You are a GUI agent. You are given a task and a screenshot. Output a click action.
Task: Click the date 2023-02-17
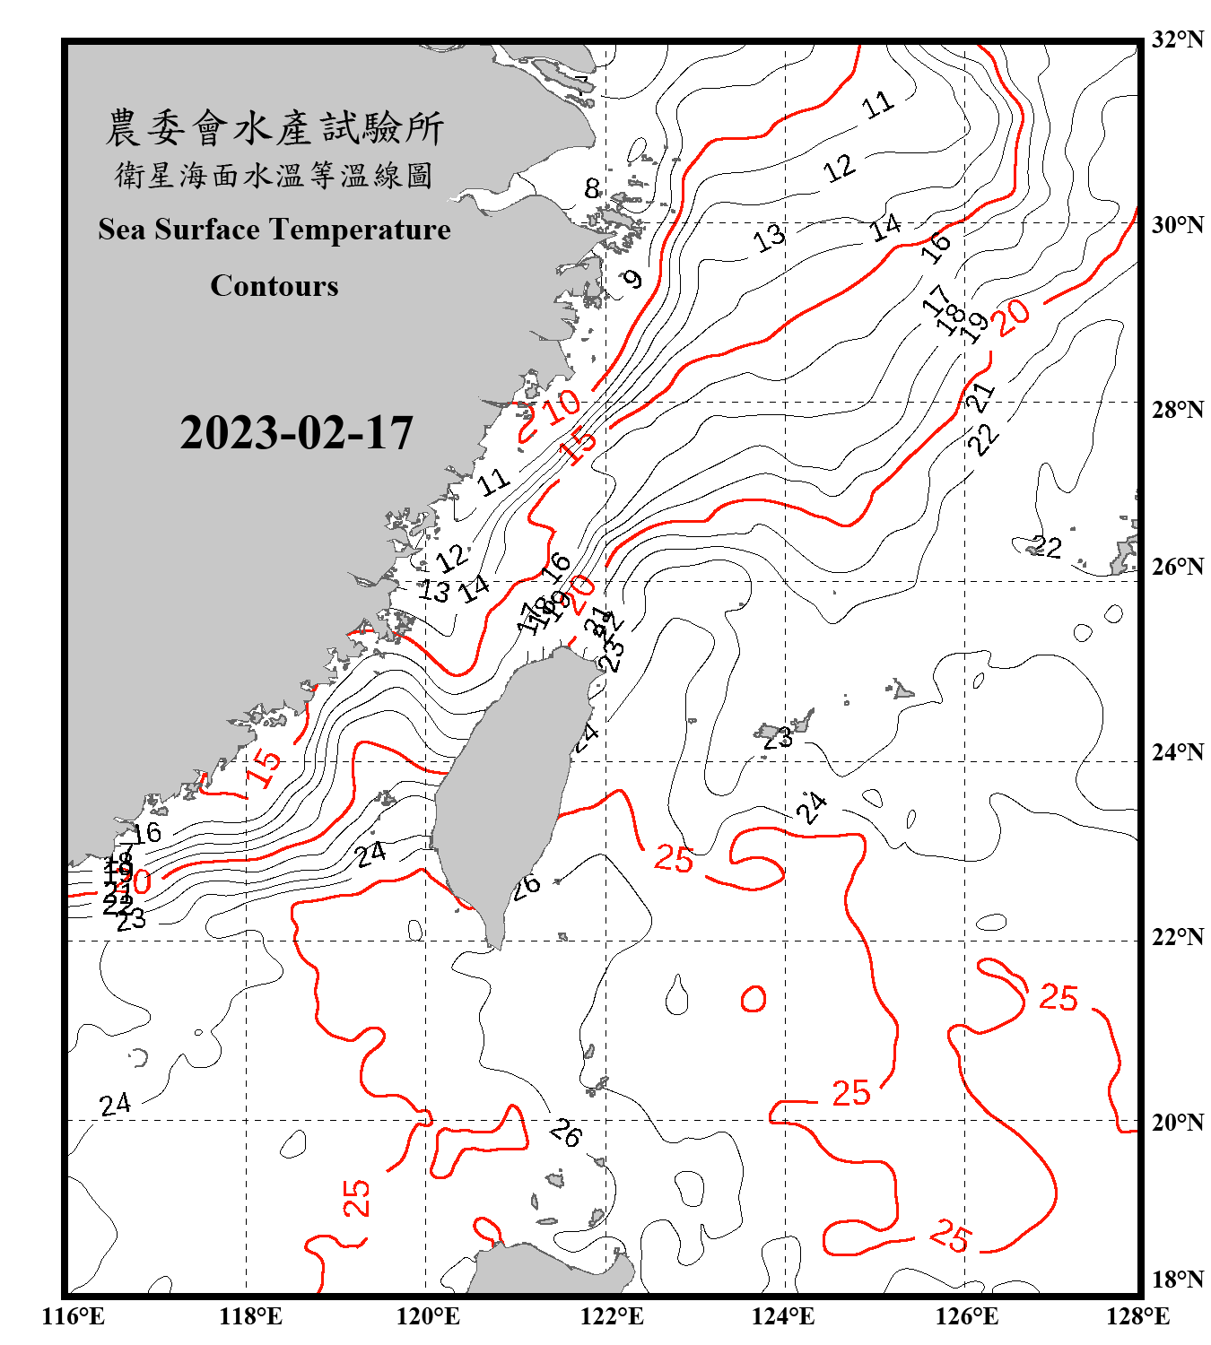296,433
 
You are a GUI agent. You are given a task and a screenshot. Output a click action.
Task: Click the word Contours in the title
274,286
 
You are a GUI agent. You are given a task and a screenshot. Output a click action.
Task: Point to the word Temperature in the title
359,230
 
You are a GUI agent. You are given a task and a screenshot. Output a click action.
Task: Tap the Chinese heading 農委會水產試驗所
274,128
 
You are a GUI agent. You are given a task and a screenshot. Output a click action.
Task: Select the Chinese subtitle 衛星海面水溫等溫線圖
274,175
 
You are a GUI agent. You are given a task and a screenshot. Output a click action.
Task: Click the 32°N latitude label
1177,39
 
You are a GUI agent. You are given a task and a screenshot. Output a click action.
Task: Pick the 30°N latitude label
1177,225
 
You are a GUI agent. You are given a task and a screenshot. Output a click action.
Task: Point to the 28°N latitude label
1177,410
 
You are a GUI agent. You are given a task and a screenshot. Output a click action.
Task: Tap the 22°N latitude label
1177,938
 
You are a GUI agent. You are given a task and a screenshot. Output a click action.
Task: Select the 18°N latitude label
1177,1280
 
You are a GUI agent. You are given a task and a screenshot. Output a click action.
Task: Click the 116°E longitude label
74,1316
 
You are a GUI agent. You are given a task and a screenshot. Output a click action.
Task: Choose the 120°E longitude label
428,1316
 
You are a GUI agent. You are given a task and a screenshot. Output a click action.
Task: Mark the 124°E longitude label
783,1316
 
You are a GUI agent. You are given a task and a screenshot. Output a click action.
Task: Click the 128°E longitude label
1137,1316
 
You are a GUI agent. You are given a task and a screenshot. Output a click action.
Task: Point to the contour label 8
592,188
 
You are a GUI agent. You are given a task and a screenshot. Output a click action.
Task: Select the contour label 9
633,279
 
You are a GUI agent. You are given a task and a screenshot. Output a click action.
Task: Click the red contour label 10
563,406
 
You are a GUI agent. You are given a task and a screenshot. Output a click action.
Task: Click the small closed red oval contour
754,999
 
